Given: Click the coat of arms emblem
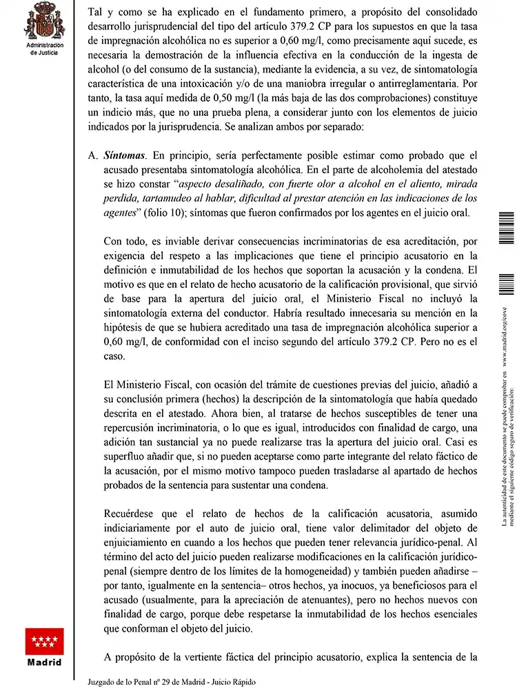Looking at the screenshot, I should [x=44, y=21].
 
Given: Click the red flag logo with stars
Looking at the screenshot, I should [x=44, y=641].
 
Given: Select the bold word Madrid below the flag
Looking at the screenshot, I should [x=44, y=663].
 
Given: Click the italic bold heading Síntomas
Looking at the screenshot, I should [x=125, y=156].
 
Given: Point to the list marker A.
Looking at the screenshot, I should [x=92, y=156].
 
